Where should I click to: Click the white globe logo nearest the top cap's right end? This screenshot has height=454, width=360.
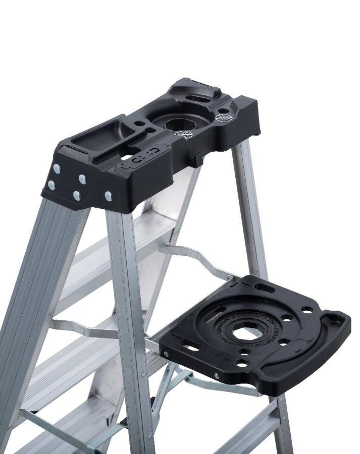tap(223, 118)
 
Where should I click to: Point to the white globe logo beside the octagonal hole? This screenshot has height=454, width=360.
tap(184, 135)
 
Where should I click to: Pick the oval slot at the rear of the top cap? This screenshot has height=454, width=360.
tap(200, 99)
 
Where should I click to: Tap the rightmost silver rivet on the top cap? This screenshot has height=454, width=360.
tap(109, 196)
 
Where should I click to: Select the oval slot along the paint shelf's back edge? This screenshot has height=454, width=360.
tap(265, 288)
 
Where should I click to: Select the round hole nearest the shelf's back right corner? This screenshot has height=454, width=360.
tap(306, 310)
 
